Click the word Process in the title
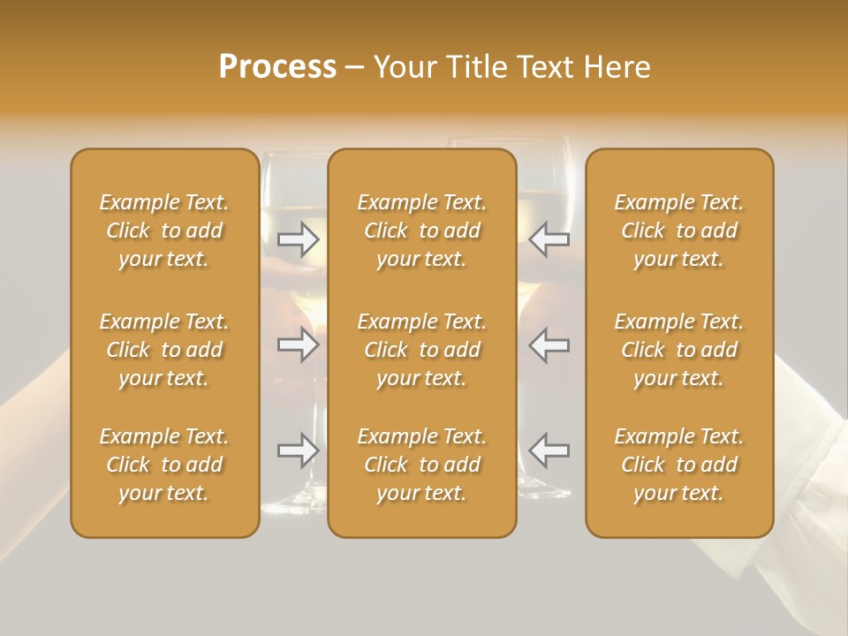(277, 67)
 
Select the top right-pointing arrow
(299, 239)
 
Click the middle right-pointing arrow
(299, 344)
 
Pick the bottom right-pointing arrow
(299, 450)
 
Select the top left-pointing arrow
(549, 239)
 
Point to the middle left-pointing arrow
(549, 344)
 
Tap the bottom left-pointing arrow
(549, 450)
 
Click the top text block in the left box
(164, 231)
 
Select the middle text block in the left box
(164, 350)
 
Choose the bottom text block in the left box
(164, 465)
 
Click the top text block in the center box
(422, 231)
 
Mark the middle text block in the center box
(422, 350)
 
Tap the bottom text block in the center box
(422, 465)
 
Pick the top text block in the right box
(679, 231)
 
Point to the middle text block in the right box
(679, 350)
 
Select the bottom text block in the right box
(679, 465)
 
